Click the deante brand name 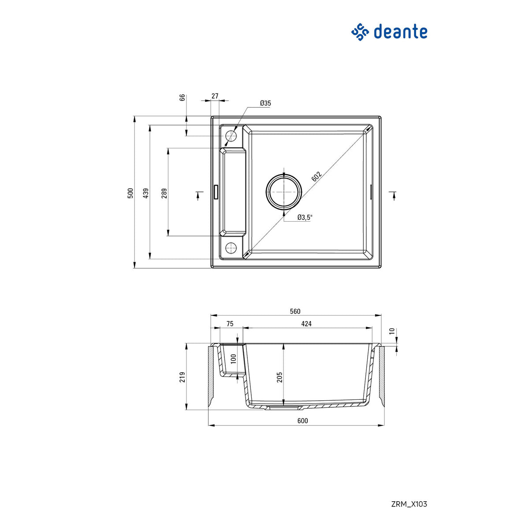coord(400,32)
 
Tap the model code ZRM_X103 coord(409,504)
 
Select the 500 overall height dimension coord(130,193)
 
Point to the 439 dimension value coord(146,193)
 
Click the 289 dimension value coord(164,193)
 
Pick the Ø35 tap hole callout coord(265,103)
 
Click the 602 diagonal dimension coord(317,176)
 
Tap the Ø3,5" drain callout coord(305,217)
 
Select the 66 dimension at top coord(182,98)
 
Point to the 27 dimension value coord(215,96)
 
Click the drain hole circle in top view coord(284,192)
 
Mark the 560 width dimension coord(295,311)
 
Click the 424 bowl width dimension coord(306,324)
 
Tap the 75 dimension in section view coord(230,324)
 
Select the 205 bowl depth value coord(279,377)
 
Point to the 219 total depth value coord(183,377)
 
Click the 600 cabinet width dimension coord(302,421)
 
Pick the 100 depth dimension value coord(234,358)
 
